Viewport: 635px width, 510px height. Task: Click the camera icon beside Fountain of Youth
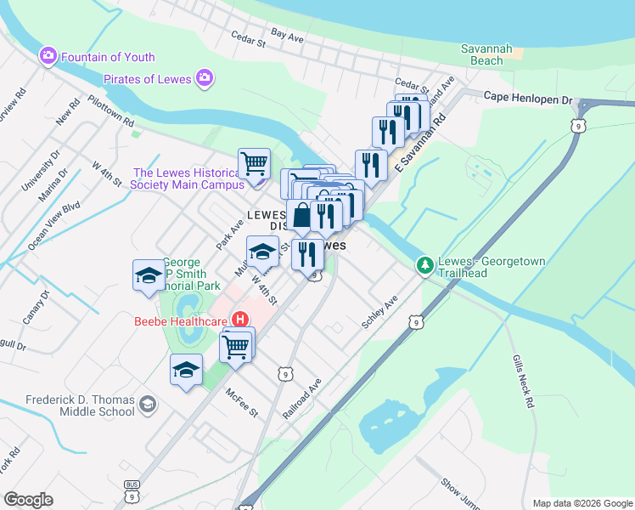48,56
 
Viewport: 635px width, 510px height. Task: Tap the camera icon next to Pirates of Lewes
204,79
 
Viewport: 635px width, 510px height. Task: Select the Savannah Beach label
486,55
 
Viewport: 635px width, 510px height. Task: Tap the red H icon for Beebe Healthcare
240,320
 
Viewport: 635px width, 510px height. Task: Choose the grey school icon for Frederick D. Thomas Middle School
149,402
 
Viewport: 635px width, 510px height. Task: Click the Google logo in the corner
28,500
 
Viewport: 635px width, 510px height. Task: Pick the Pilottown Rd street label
111,110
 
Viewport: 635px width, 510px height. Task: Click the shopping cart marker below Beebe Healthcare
235,345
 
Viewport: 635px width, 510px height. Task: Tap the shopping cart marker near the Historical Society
254,161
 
